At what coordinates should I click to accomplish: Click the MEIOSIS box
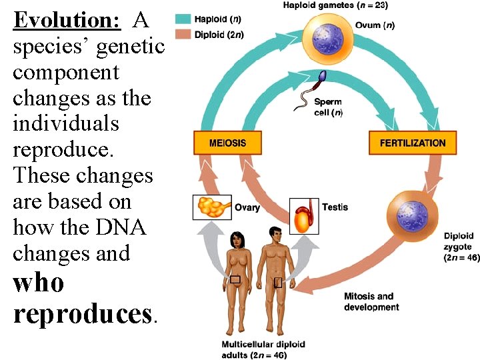pos(227,143)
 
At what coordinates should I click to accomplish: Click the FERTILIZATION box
pos(412,143)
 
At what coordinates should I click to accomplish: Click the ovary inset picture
pos(212,207)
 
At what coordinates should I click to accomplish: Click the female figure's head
pos(237,238)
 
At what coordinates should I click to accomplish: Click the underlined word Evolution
pos(67,20)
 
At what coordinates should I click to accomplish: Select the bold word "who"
pos(39,283)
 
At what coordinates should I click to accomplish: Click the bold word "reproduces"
pos(83,313)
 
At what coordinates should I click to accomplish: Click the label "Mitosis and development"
pos(371,301)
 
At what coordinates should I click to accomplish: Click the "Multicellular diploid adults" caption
pos(263,349)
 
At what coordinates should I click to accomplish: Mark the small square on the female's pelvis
pos(235,279)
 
